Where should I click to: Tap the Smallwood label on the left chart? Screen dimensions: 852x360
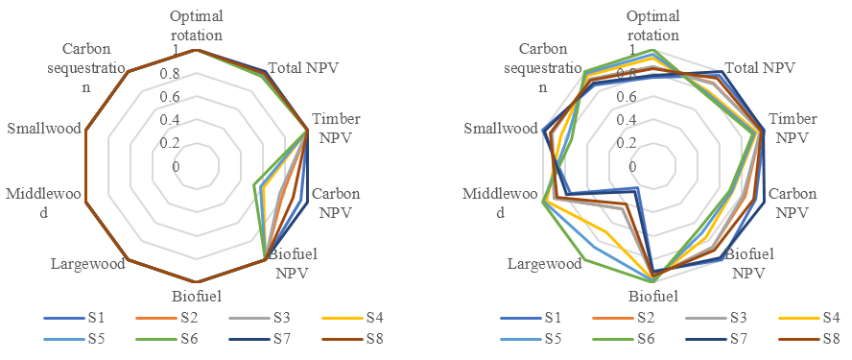pyautogui.click(x=46, y=129)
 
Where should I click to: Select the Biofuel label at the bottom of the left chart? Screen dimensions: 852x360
pyautogui.click(x=197, y=297)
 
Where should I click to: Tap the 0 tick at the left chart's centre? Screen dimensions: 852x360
pyautogui.click(x=176, y=166)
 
